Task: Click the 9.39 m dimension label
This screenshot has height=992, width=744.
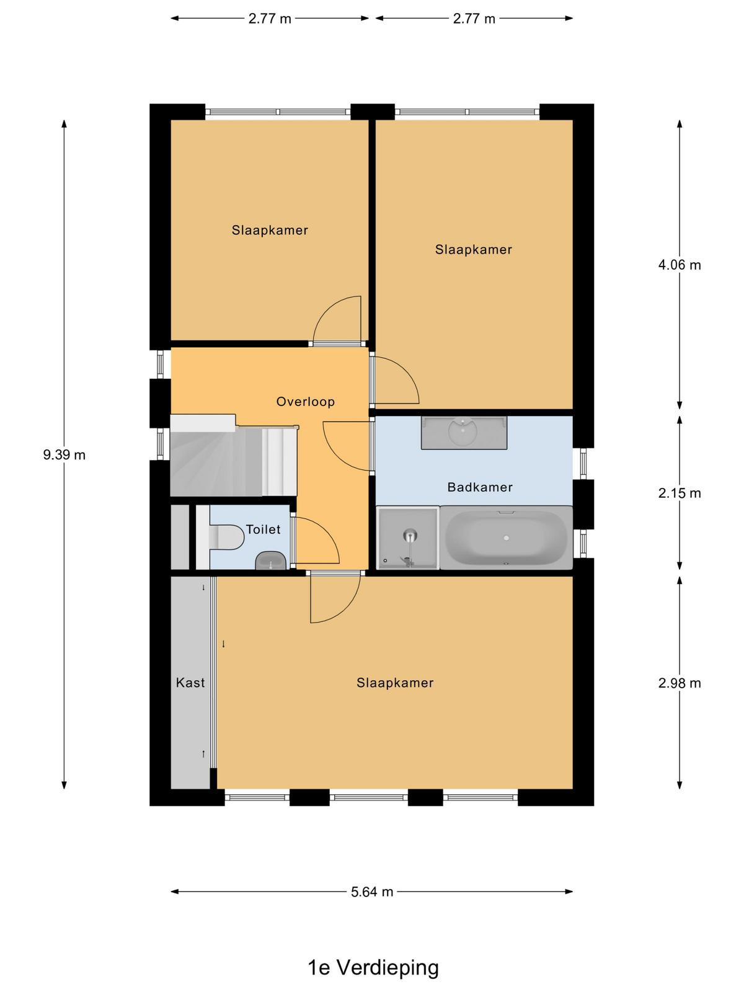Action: pos(64,454)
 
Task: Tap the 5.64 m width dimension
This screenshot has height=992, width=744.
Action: pos(372,892)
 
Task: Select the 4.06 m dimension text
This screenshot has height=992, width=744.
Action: pos(680,265)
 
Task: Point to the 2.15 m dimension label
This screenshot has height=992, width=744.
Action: pos(680,493)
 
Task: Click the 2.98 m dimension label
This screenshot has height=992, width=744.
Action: pos(680,683)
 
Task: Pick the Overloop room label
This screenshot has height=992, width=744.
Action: pos(306,402)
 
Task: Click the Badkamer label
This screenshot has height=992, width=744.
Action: pos(480,487)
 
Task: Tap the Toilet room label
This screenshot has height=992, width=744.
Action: pos(263,529)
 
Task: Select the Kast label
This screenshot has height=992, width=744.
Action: pos(190,683)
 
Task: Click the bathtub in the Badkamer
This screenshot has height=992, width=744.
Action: pos(506,538)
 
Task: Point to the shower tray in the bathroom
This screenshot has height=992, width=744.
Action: pos(408,538)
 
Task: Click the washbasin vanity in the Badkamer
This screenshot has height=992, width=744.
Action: pos(464,433)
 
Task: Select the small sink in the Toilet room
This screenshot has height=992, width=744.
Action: pos(271,560)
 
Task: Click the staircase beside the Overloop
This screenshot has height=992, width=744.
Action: pos(234,456)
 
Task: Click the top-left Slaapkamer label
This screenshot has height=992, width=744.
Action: pos(270,230)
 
